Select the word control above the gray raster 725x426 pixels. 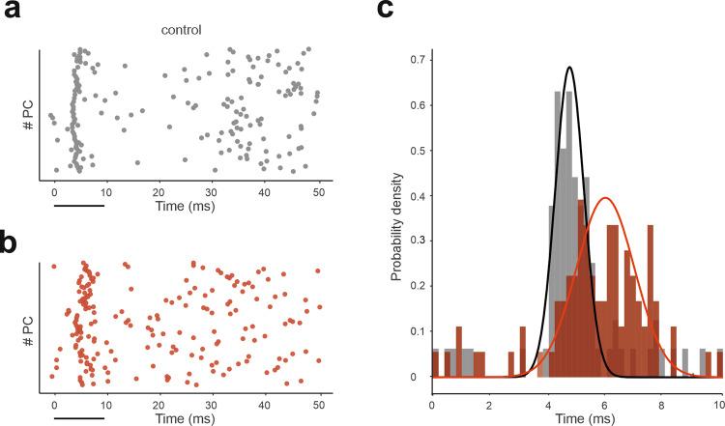coord(182,29)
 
